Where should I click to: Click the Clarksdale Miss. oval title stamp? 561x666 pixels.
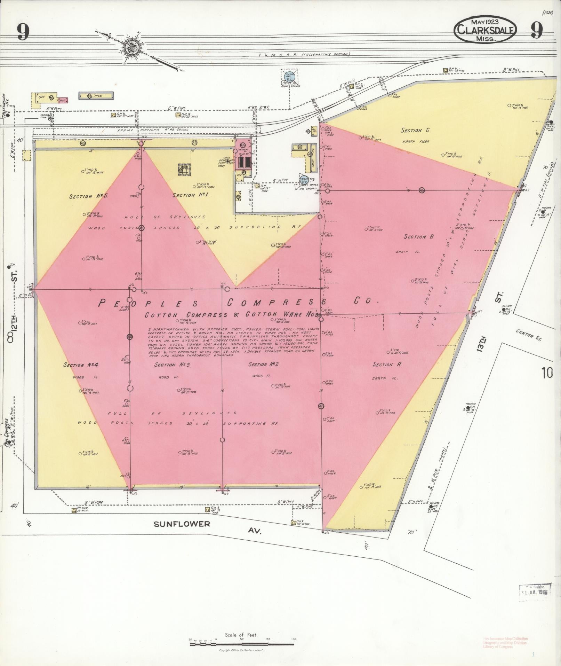[x=484, y=30]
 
